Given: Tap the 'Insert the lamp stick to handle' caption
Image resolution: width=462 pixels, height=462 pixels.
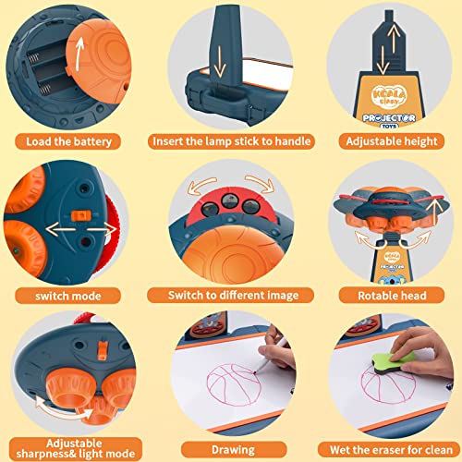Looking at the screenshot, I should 231,141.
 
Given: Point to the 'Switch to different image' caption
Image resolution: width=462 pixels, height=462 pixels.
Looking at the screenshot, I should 231,296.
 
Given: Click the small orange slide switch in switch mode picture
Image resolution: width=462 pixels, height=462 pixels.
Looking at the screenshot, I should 80,214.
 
